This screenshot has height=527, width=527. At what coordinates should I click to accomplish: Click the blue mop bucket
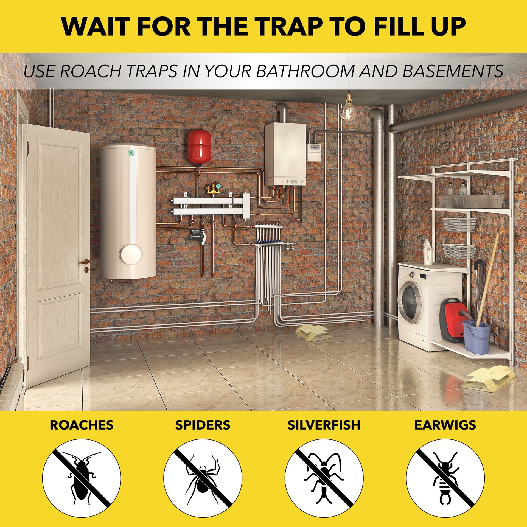[476, 337]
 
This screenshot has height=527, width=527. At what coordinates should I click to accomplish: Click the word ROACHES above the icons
[82, 425]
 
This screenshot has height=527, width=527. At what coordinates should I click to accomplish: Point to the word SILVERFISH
[324, 425]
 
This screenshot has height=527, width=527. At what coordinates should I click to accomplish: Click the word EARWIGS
[445, 425]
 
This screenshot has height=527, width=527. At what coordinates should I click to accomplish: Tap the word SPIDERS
[203, 425]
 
